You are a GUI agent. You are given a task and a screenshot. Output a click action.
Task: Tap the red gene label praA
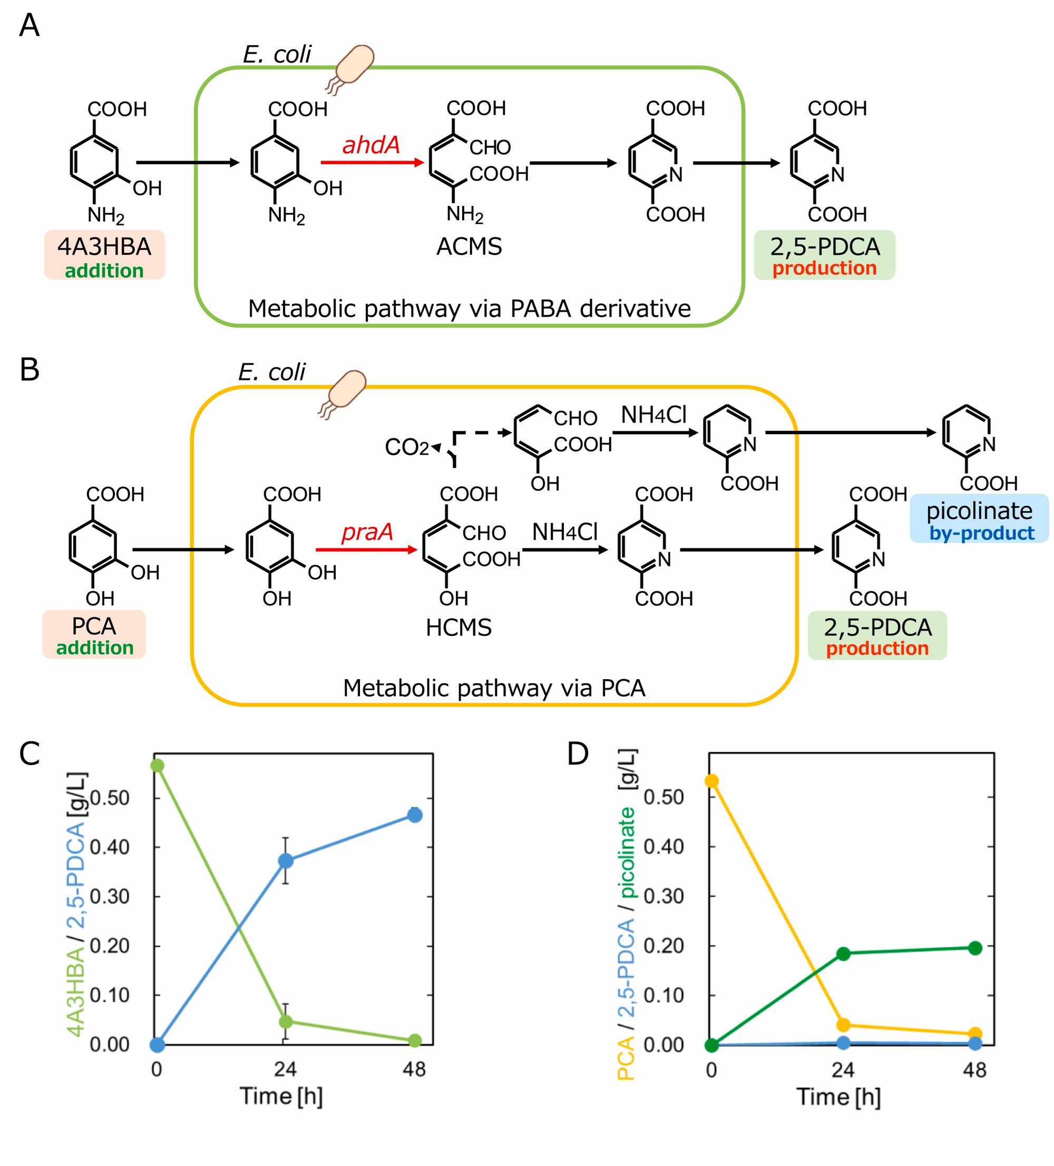[367, 532]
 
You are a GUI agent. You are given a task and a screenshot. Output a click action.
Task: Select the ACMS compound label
[469, 247]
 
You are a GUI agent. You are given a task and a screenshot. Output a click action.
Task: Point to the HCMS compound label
[458, 628]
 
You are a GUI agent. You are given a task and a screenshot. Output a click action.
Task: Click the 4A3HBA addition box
[105, 255]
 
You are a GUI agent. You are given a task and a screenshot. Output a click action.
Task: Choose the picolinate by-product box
[979, 519]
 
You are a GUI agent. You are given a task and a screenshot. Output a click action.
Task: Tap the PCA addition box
[94, 634]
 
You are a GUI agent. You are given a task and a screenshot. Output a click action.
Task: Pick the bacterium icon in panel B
[344, 391]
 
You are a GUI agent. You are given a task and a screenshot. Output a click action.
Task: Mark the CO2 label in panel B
[407, 447]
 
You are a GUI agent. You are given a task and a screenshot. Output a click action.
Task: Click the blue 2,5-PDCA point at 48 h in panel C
[414, 816]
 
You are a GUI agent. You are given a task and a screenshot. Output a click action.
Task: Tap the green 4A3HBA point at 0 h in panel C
[157, 766]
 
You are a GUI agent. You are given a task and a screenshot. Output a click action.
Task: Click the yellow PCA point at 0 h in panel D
[711, 781]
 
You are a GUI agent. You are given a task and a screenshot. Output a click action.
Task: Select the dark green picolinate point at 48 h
[975, 948]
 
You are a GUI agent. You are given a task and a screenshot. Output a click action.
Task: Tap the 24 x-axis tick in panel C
[285, 1070]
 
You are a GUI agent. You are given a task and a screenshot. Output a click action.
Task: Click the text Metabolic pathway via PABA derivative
[469, 309]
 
